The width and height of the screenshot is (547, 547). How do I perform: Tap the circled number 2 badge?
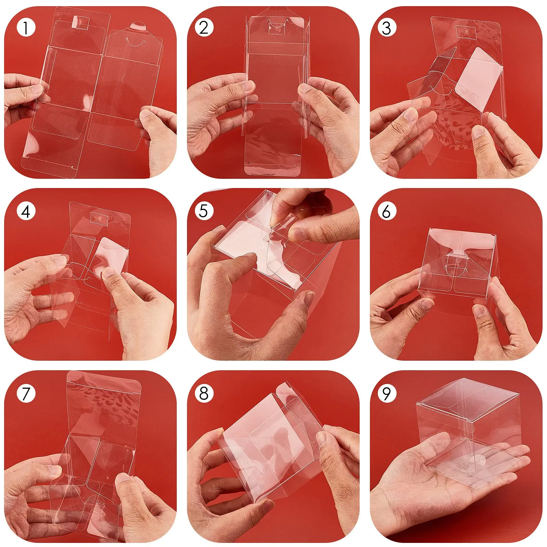204,27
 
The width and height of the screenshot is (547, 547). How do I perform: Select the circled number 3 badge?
387,27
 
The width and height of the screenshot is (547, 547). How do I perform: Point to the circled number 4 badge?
26,211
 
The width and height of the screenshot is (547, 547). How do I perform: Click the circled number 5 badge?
204,211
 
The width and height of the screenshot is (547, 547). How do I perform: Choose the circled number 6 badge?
387,211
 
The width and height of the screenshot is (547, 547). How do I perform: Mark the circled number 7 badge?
26,393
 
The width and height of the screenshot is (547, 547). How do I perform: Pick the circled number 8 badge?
204,393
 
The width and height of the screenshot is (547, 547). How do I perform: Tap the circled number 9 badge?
387,393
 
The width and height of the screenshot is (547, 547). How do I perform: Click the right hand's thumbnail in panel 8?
322,438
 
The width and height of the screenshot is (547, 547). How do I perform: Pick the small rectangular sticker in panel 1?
81,23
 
